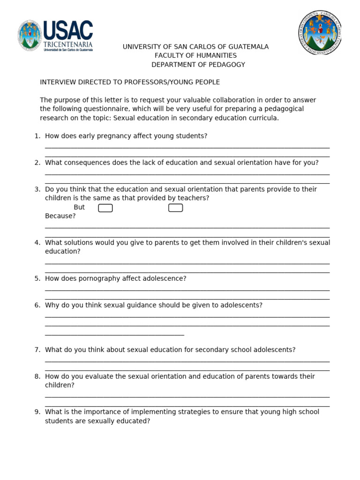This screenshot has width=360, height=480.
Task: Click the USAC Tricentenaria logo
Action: click(55, 36)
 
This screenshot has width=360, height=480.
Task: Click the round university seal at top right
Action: click(320, 32)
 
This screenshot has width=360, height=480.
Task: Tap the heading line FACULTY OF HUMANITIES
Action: click(195, 56)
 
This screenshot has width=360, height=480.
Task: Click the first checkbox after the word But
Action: click(105, 208)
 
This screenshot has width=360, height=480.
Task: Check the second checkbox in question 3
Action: click(175, 208)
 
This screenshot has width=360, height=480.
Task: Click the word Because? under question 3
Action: click(60, 216)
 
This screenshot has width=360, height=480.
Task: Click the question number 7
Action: click(37, 350)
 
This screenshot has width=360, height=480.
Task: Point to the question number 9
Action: click(37, 412)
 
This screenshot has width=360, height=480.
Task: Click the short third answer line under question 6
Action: click(114, 335)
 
